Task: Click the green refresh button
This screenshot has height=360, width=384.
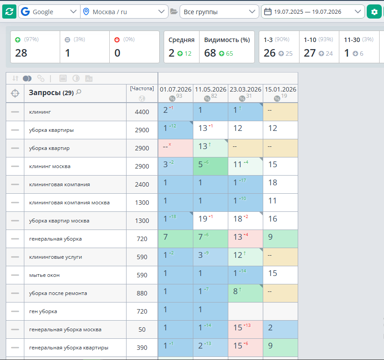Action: pos(9,11)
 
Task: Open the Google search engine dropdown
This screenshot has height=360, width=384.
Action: pos(49,11)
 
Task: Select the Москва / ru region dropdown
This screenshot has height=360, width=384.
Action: pos(124,11)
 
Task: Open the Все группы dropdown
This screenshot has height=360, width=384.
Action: pos(219,11)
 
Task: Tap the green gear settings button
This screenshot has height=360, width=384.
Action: pos(374,11)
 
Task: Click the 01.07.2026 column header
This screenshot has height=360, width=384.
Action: pos(176,89)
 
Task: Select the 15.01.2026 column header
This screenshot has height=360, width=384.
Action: pos(280,89)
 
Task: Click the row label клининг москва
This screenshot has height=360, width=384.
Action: pos(50,166)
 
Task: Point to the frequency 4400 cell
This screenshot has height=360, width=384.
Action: pos(142,112)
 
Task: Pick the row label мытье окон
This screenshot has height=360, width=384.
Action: pos(44,275)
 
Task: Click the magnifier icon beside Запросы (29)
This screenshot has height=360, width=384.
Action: pos(79,92)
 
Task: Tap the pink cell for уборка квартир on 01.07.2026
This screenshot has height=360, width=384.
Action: pos(176,148)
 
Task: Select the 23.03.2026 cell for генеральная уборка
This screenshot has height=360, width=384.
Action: pos(246,239)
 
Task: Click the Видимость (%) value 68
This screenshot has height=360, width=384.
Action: pos(210,53)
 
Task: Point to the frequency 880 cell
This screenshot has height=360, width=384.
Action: pos(142,293)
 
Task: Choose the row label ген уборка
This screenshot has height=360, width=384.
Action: pos(43,311)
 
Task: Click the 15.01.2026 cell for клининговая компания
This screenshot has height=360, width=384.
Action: pos(280,184)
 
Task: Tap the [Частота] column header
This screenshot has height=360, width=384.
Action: pos(142,88)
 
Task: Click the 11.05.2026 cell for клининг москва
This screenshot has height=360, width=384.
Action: pos(211,166)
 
